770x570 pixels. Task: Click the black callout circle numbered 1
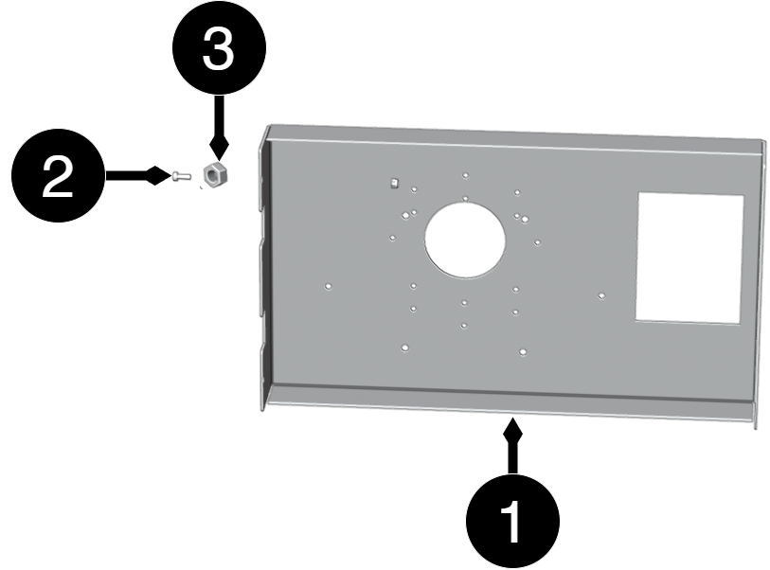512,521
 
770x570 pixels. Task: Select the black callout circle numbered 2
58,175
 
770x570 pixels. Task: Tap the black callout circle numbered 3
219,48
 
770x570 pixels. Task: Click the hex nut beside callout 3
214,176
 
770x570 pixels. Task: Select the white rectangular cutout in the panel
689,258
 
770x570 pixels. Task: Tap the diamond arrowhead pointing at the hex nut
219,146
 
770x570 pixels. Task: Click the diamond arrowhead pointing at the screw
157,175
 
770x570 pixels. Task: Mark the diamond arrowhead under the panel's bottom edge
512,431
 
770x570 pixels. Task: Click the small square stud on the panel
393,184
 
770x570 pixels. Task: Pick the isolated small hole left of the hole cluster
328,286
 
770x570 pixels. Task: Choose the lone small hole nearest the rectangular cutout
601,295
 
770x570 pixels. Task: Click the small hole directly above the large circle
465,199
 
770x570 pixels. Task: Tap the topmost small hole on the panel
465,175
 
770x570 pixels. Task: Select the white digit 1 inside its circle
511,522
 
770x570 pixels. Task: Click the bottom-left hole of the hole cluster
404,347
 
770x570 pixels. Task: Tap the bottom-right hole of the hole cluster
523,352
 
